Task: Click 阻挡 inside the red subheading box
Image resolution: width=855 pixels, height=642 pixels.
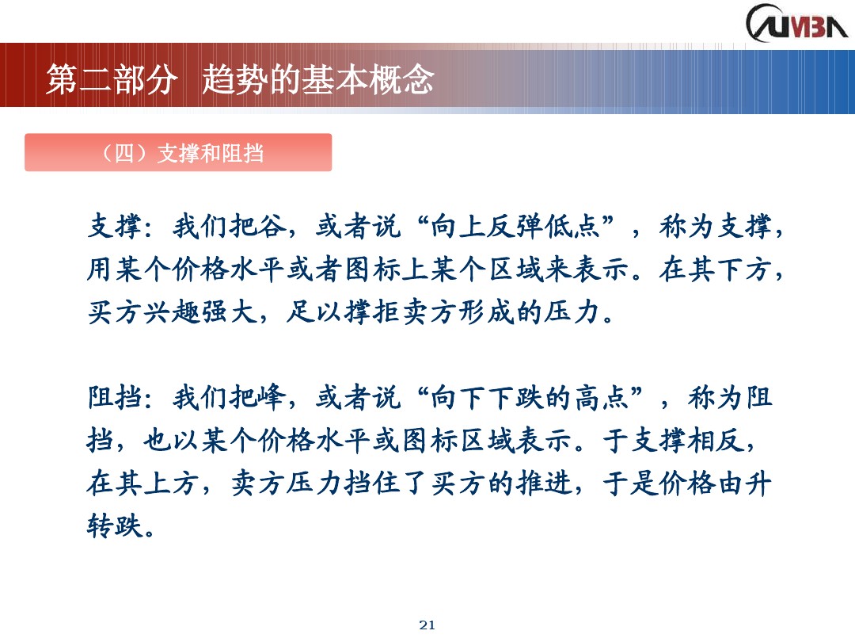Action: click(241, 153)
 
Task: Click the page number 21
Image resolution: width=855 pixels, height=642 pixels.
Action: click(427, 625)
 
